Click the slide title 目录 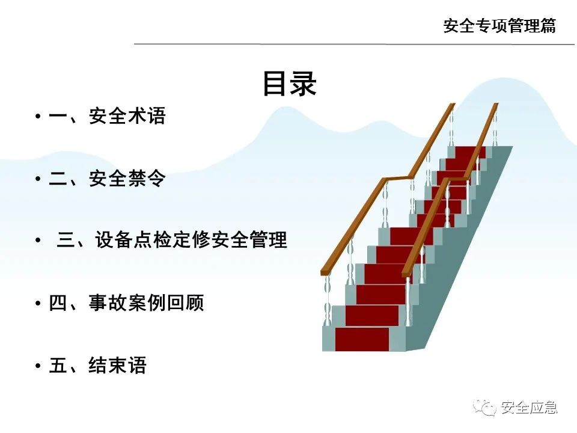289,84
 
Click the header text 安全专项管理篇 499,26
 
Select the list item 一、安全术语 107,116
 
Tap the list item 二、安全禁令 107,179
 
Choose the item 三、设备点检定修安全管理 172,241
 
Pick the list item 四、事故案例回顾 126,302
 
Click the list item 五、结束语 97,365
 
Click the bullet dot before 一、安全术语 38,117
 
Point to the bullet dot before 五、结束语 38,366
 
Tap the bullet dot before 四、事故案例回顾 38,303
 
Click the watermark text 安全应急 529,408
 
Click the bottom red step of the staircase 362,339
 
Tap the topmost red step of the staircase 469,152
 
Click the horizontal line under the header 355,44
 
